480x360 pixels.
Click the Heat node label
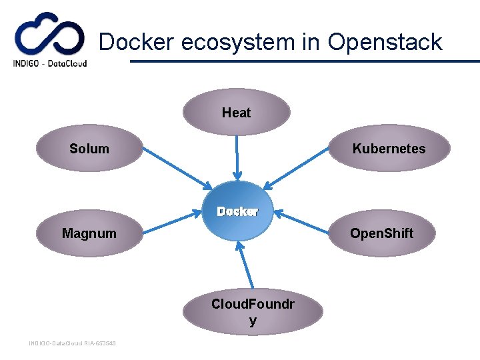point(236,113)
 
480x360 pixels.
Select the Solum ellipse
point(89,149)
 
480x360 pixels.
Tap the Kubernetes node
point(389,149)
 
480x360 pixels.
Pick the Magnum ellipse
point(89,233)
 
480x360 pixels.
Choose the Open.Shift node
point(382,233)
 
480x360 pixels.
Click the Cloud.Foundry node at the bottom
point(253,311)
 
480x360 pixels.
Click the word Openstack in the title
point(385,42)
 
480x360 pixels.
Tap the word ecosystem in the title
point(249,42)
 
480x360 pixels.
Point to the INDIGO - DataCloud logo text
point(50,64)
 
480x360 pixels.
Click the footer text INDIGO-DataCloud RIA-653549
point(72,343)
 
